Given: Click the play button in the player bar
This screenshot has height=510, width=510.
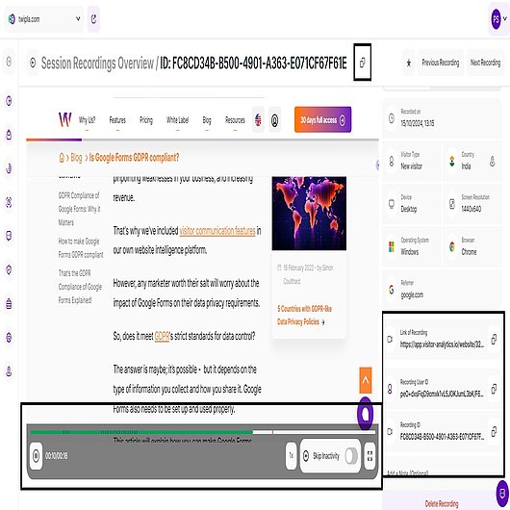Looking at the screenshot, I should (x=37, y=455).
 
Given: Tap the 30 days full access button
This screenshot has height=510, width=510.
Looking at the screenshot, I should (x=322, y=120).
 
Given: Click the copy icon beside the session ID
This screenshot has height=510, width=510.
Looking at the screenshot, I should (x=363, y=63).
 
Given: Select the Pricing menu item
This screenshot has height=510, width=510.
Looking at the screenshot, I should (x=145, y=120).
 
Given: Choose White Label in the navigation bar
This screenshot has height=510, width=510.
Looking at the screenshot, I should (x=177, y=120).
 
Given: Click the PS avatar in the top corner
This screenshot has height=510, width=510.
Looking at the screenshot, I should (x=495, y=17).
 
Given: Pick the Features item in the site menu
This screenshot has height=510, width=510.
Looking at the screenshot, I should (x=117, y=120).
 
